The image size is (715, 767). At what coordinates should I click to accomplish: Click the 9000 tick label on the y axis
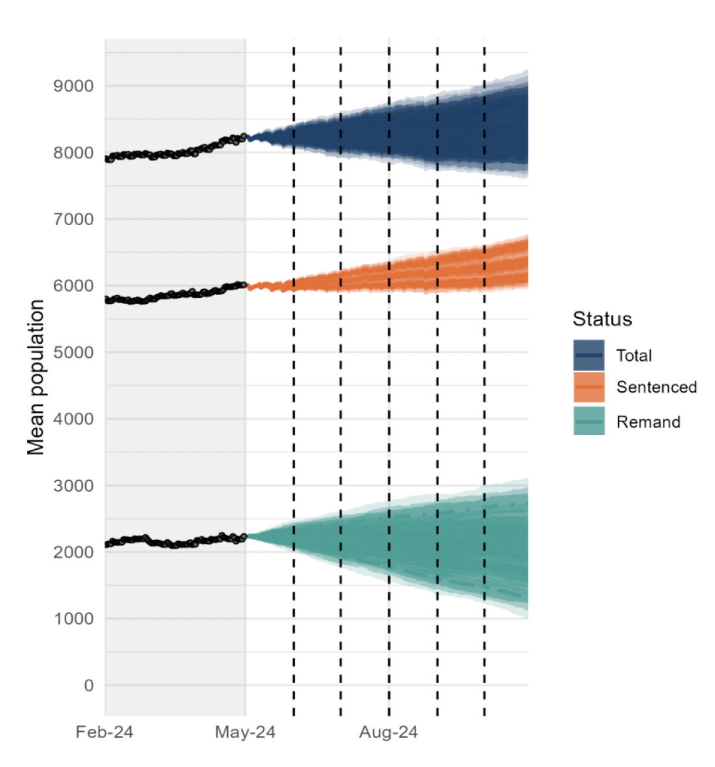tap(73, 86)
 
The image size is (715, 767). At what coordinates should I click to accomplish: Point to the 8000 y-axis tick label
tap(73, 153)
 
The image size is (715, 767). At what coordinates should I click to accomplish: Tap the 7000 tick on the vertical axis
tap(73, 219)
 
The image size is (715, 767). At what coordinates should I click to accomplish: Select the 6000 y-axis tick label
tap(73, 286)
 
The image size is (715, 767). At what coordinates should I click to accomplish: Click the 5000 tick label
tap(73, 352)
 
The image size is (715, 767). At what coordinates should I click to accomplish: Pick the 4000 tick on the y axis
tap(73, 419)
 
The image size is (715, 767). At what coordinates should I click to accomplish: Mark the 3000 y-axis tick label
tap(73, 486)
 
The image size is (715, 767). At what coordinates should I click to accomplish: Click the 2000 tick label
tap(73, 552)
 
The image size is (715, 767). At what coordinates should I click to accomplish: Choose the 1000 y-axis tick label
tap(73, 619)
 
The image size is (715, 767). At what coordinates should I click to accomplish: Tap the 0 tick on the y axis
tap(88, 685)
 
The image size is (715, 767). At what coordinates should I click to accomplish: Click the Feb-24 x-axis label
tap(104, 732)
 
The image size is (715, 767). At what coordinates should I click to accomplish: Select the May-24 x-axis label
tap(245, 732)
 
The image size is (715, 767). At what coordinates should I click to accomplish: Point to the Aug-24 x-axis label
tap(389, 732)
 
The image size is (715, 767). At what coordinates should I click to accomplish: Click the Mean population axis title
tap(36, 377)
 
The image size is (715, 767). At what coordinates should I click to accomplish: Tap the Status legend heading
tap(602, 319)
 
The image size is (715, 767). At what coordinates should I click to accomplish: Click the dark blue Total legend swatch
tap(588, 355)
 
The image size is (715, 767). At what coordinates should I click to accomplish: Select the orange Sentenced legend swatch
tap(588, 387)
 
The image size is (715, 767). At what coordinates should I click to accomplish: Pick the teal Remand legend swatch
tap(588, 422)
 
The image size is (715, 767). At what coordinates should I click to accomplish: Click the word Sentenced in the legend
tap(656, 387)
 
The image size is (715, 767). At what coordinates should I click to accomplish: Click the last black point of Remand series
tap(244, 537)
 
